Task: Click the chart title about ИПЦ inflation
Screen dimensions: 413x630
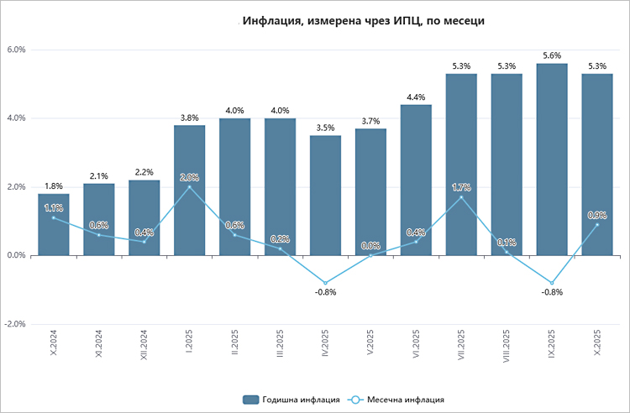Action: (x=364, y=21)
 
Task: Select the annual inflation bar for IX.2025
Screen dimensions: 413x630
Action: (x=552, y=159)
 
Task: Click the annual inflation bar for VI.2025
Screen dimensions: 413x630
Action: (x=416, y=180)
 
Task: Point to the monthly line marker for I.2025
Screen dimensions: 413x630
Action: (x=190, y=186)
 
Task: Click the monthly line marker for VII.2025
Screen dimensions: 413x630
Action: (x=461, y=196)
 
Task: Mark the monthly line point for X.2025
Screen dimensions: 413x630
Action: (x=597, y=224)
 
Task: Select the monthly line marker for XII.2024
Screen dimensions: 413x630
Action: (x=144, y=242)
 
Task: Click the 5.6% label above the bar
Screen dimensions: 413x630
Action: (x=552, y=55)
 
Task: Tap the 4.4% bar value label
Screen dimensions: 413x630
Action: (x=416, y=97)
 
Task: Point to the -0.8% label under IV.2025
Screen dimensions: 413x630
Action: (x=325, y=293)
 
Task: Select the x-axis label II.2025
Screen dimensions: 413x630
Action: (x=236, y=344)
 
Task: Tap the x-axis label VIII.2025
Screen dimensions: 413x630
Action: (x=507, y=347)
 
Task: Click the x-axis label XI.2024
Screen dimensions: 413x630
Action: (x=100, y=345)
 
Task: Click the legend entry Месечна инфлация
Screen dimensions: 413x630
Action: (x=399, y=400)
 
